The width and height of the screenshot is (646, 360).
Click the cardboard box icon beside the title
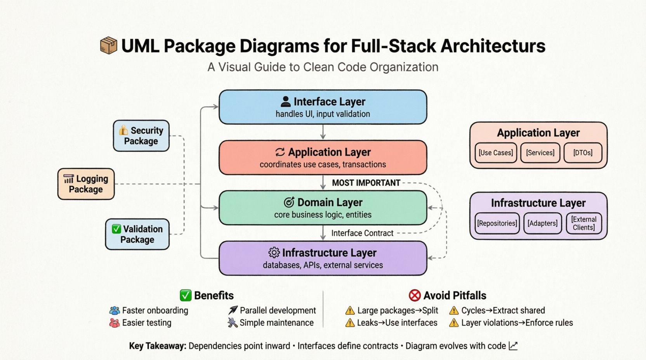(x=108, y=46)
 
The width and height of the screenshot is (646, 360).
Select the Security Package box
(x=141, y=136)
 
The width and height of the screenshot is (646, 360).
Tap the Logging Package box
(x=86, y=184)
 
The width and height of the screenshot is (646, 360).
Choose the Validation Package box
(x=137, y=234)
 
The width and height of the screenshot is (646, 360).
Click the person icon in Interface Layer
(x=285, y=102)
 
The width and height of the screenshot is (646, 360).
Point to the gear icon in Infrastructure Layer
(x=274, y=253)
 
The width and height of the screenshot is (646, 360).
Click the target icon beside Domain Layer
(x=289, y=202)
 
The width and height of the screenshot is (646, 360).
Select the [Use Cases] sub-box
(x=496, y=153)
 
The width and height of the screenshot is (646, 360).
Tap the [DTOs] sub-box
(x=583, y=153)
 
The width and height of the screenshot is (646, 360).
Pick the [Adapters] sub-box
(x=542, y=223)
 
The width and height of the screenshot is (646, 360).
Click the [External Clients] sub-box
(x=584, y=223)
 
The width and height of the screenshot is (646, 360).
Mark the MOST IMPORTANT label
(x=366, y=183)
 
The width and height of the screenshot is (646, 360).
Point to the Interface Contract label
(x=362, y=233)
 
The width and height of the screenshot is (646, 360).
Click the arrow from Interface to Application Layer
(x=323, y=132)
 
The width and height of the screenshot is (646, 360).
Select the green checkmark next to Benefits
(x=186, y=296)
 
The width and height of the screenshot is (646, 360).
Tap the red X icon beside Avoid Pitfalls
(x=415, y=296)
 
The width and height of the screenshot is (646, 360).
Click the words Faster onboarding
(x=155, y=310)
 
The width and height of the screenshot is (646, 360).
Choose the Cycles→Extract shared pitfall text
(x=503, y=310)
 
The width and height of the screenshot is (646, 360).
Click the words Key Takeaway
(x=158, y=346)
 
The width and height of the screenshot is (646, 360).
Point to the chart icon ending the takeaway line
(x=513, y=346)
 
